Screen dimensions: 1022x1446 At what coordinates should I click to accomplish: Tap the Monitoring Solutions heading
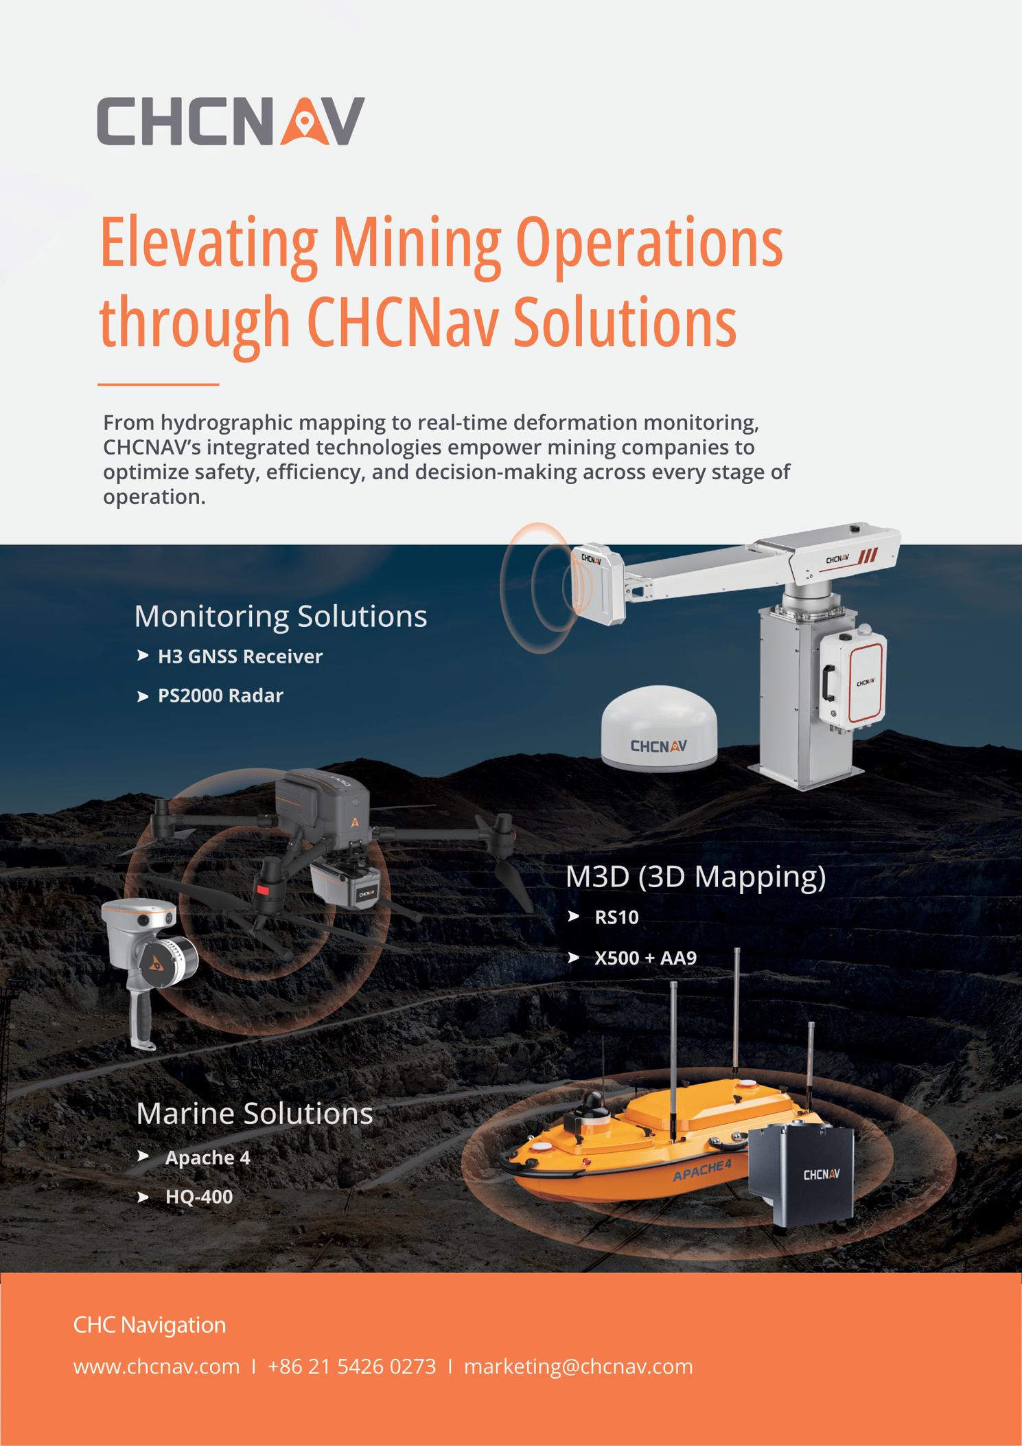click(x=280, y=616)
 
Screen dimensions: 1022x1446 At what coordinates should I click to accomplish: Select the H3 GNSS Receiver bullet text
click(x=240, y=656)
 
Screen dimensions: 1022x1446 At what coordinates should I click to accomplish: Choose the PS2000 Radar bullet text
click(x=220, y=696)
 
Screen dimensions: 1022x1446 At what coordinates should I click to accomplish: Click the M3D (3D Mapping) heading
click(x=695, y=877)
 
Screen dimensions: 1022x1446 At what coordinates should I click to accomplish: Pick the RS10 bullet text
click(x=616, y=917)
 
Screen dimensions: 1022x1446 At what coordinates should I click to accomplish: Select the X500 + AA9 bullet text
click(x=645, y=957)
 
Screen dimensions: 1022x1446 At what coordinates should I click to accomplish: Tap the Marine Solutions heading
click(x=254, y=1113)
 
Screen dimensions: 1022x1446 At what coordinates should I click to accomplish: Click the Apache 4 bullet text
click(x=207, y=1158)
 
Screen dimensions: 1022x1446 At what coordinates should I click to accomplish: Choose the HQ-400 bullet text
click(x=199, y=1197)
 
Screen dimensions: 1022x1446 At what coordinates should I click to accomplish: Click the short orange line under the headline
click(x=158, y=385)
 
